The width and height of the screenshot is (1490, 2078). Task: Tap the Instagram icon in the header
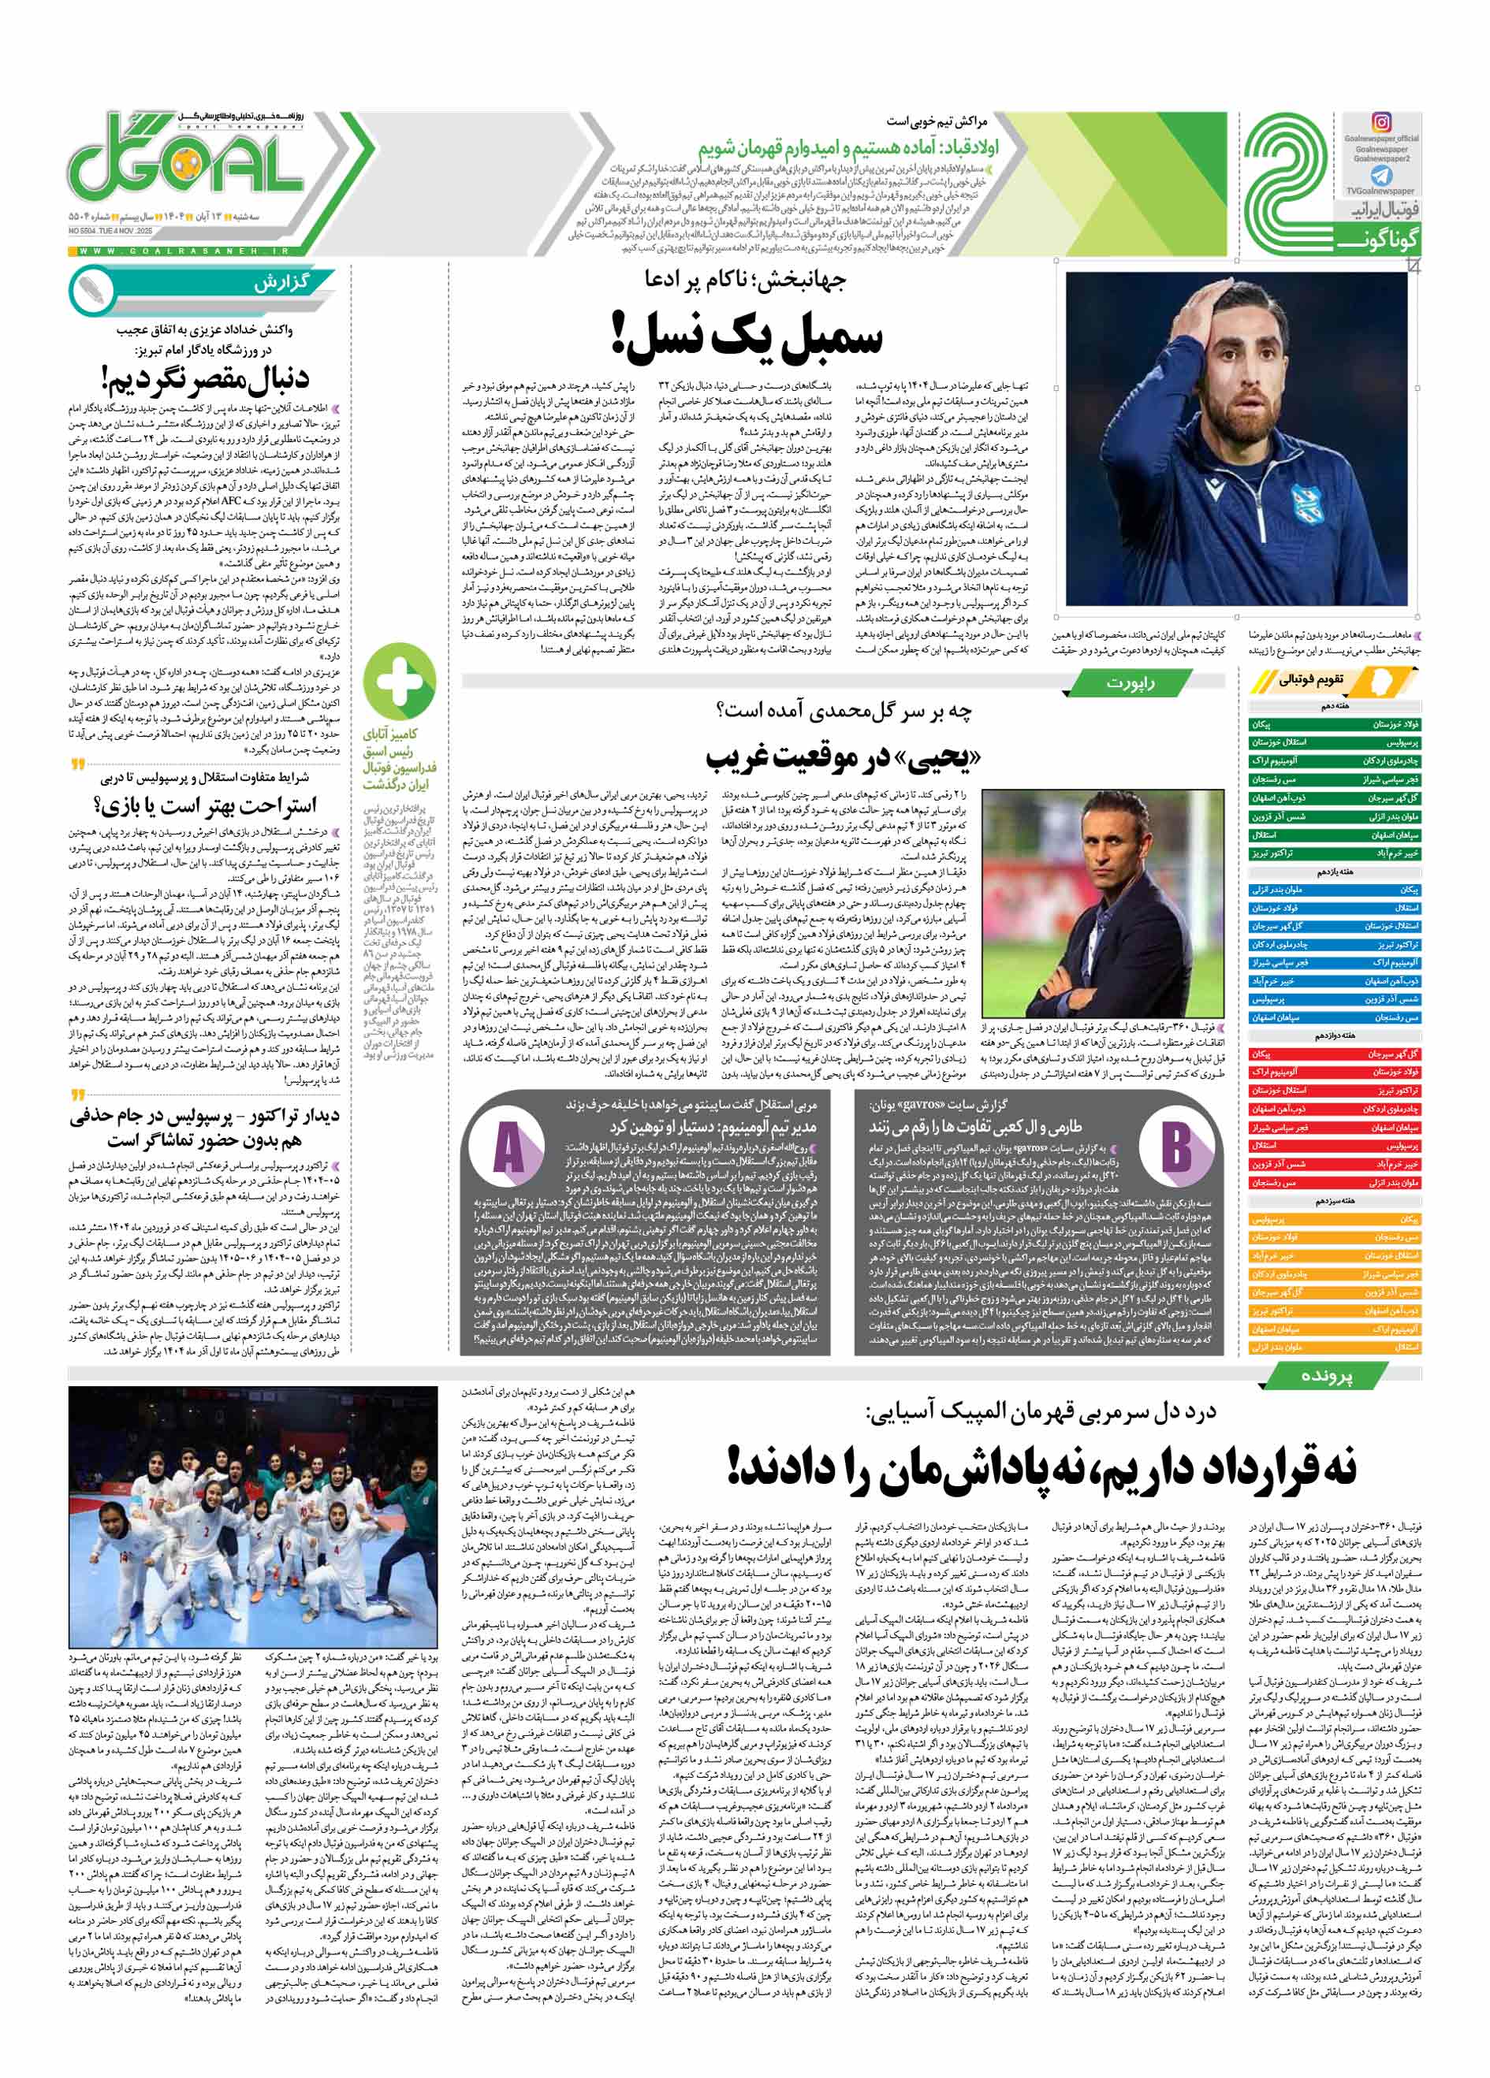[1382, 122]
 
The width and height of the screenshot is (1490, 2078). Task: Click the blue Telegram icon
[1381, 175]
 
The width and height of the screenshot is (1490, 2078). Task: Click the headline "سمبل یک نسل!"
[747, 337]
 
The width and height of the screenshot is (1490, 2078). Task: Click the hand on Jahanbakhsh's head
[1218, 310]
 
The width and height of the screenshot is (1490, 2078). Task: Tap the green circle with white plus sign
[399, 682]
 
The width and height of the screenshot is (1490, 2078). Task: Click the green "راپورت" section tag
[1130, 682]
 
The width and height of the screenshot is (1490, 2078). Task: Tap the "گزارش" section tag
[281, 282]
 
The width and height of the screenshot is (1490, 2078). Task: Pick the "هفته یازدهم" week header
[1334, 872]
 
